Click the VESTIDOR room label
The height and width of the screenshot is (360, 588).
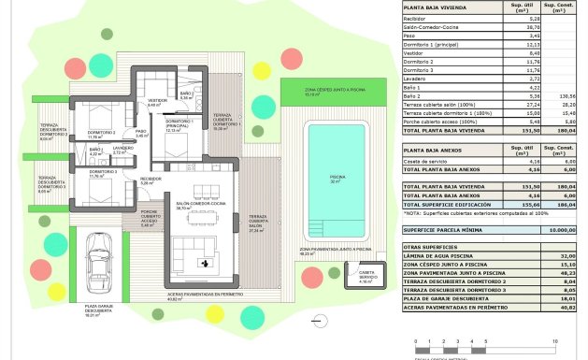(x=157, y=101)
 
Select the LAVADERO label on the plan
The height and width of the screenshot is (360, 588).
(x=122, y=148)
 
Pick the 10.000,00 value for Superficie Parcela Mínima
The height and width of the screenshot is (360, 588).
(x=554, y=228)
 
